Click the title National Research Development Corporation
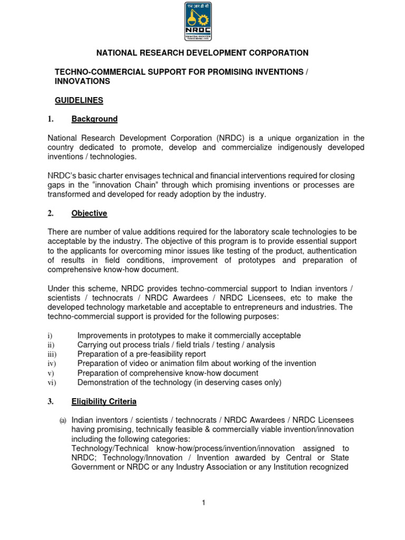(201, 53)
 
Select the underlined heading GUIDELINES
(79, 100)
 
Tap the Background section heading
(94, 119)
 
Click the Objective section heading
(89, 214)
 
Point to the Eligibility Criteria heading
(104, 402)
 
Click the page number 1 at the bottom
(202, 503)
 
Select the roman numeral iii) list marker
(52, 354)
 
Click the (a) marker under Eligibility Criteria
(62, 420)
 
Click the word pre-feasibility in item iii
(155, 354)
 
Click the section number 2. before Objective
(51, 214)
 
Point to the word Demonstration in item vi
(102, 383)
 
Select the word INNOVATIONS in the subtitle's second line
(82, 81)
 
